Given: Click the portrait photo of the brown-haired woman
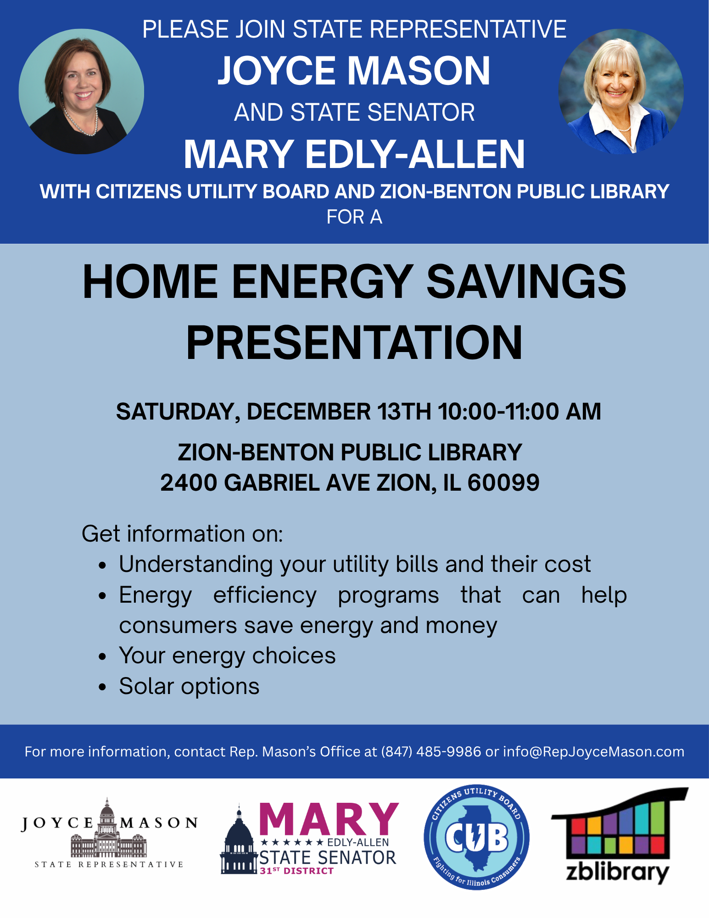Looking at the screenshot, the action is click(81, 91).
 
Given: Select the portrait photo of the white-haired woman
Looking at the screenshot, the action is click(621, 91).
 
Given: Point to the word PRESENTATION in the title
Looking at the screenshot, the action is click(354, 342).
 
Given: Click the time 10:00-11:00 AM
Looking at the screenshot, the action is click(519, 411).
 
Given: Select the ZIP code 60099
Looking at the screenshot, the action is click(503, 482).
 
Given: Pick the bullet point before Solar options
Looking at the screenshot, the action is click(102, 687).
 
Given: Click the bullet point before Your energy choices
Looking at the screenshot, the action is click(102, 657).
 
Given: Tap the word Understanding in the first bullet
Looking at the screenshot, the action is click(196, 565).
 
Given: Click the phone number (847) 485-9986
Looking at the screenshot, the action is click(431, 751).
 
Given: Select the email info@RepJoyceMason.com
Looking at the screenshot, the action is click(594, 751).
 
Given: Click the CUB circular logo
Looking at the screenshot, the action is click(476, 837).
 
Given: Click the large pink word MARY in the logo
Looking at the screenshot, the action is click(329, 819).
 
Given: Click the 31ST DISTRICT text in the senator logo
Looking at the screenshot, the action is click(296, 871).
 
